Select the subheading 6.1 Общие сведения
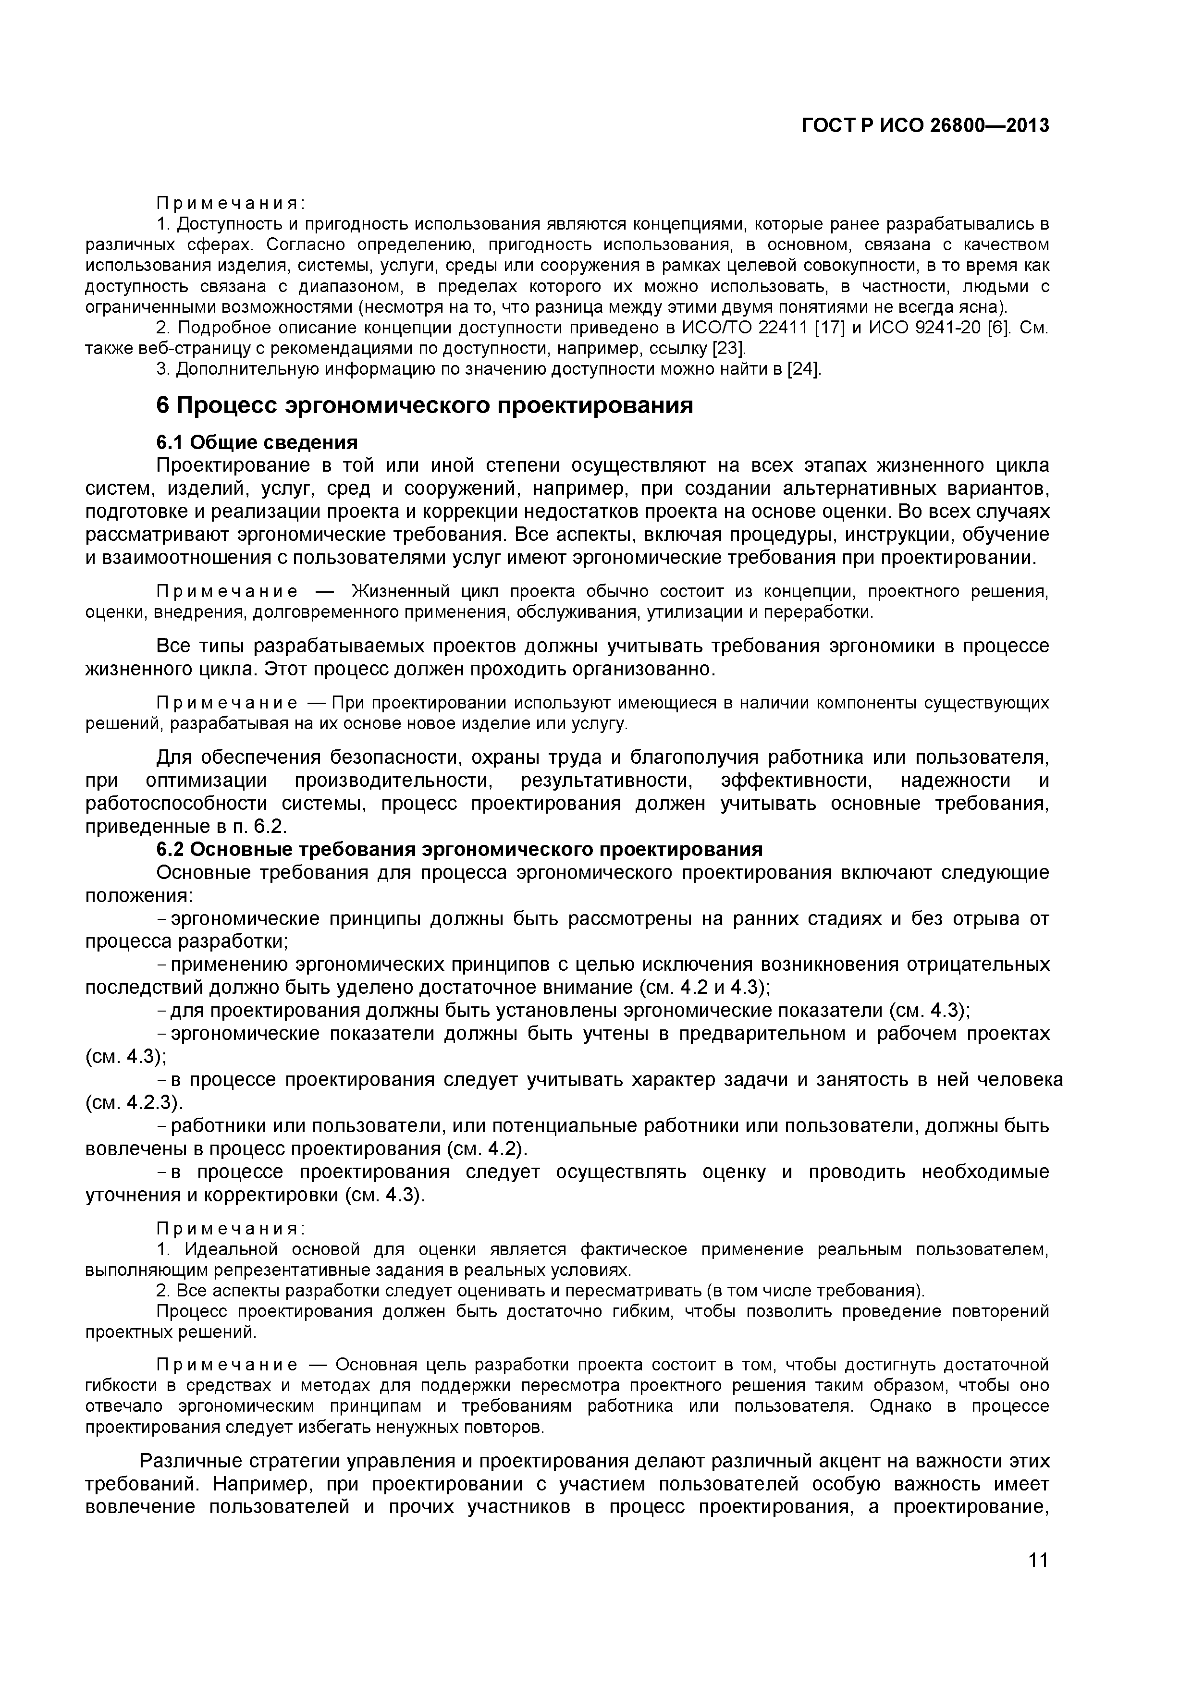[x=257, y=442]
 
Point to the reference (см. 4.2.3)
[x=135, y=1103]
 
